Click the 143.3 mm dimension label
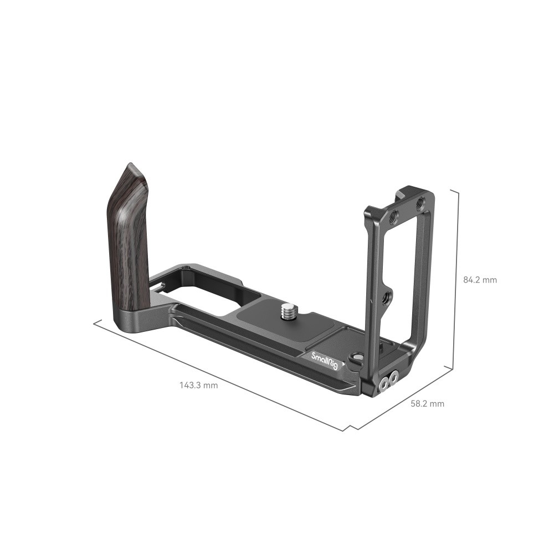click(198, 385)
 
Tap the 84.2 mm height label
click(480, 280)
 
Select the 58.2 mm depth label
click(427, 404)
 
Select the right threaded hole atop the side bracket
click(419, 203)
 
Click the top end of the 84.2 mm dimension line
click(458, 189)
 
